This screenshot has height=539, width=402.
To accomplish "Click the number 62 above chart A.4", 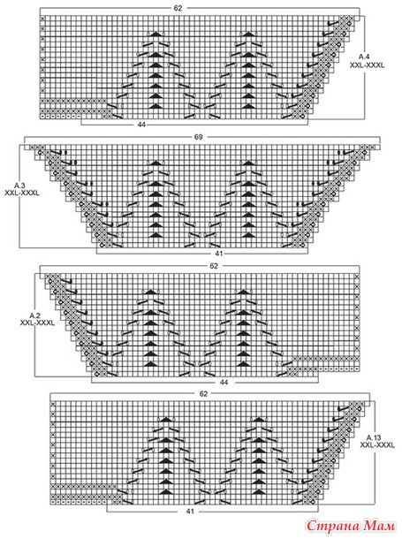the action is tap(178, 8).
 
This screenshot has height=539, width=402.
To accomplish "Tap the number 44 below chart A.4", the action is tap(141, 125).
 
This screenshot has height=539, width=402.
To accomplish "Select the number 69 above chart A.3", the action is tap(199, 137).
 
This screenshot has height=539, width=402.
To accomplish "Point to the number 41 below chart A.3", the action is tap(219, 254).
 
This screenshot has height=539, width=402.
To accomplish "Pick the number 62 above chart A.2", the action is tap(214, 266).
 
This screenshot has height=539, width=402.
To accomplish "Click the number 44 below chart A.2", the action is tap(224, 382).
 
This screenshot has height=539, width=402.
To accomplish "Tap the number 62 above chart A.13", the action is tap(204, 394).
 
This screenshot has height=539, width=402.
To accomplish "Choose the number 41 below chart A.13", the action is tap(190, 511).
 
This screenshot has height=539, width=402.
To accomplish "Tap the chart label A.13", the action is tap(374, 438).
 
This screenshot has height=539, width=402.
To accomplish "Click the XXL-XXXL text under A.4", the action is tap(367, 65).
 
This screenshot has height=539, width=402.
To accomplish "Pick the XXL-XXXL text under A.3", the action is tap(22, 194).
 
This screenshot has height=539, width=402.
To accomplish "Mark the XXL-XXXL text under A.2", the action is tap(37, 323).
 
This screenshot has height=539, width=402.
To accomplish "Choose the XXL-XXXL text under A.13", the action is tap(377, 445).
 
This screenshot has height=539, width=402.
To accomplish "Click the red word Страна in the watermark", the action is tap(332, 526).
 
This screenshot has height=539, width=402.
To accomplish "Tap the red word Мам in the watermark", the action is tap(379, 526).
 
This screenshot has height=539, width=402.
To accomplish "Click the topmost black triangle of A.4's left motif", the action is tap(155, 34).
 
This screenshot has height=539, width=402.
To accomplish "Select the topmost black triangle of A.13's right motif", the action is tap(258, 419).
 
